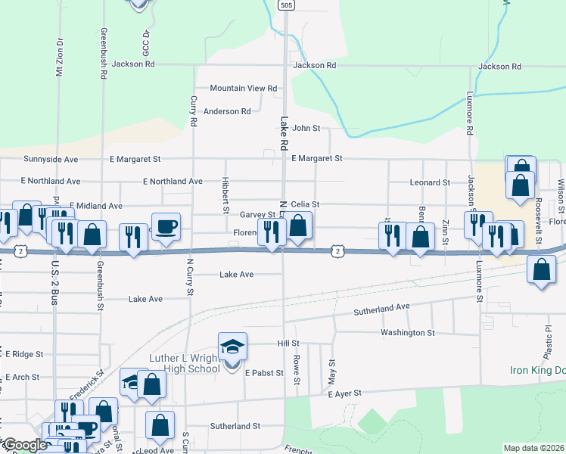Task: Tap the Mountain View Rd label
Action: pyautogui.click(x=244, y=89)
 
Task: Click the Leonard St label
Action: pyautogui.click(x=430, y=183)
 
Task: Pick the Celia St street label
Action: pyautogui.click(x=306, y=204)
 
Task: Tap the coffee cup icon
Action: pyautogui.click(x=166, y=225)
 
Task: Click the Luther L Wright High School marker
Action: pyautogui.click(x=233, y=348)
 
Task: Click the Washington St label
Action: pyautogui.click(x=408, y=332)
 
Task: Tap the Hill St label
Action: pyautogui.click(x=288, y=344)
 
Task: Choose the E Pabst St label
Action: pyautogui.click(x=263, y=373)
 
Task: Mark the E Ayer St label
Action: pyautogui.click(x=346, y=393)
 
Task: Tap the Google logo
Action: pyautogui.click(x=24, y=445)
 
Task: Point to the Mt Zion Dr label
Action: pyautogui.click(x=59, y=58)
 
